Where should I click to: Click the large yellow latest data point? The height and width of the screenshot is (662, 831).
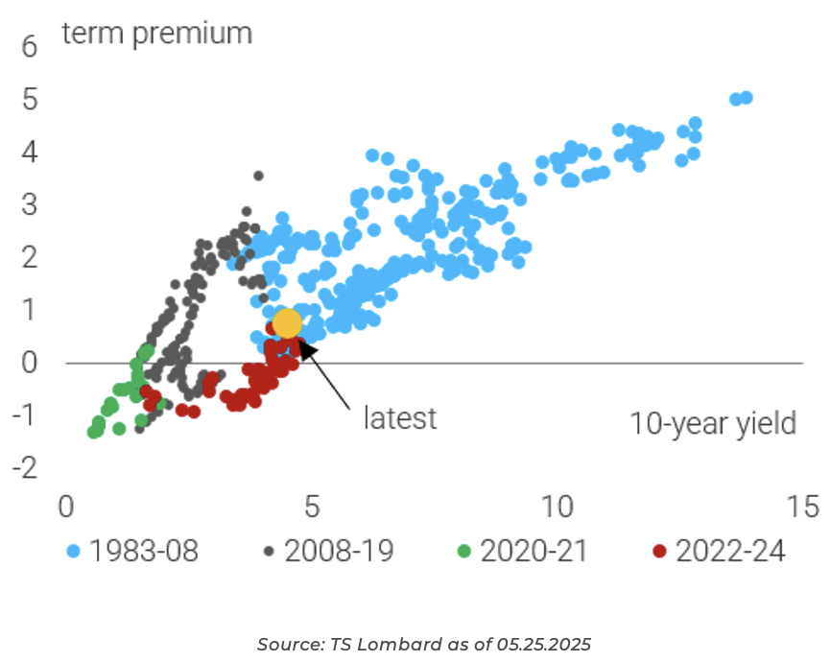click(x=287, y=323)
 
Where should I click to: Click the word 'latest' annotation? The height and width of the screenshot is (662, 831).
click(x=399, y=418)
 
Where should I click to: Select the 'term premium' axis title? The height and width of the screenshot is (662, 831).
click(x=156, y=33)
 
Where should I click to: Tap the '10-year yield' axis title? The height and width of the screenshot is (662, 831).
click(x=713, y=422)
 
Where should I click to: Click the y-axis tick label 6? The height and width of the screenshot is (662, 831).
click(x=29, y=46)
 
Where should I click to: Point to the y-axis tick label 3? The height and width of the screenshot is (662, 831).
click(x=29, y=204)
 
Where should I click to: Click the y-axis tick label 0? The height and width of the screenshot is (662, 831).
click(x=29, y=363)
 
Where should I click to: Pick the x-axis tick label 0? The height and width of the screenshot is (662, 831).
click(x=65, y=505)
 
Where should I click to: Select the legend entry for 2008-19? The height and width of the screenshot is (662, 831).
click(x=328, y=551)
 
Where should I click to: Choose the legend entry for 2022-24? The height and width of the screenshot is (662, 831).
click(x=718, y=551)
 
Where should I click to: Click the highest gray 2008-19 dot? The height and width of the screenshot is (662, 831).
click(x=258, y=176)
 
